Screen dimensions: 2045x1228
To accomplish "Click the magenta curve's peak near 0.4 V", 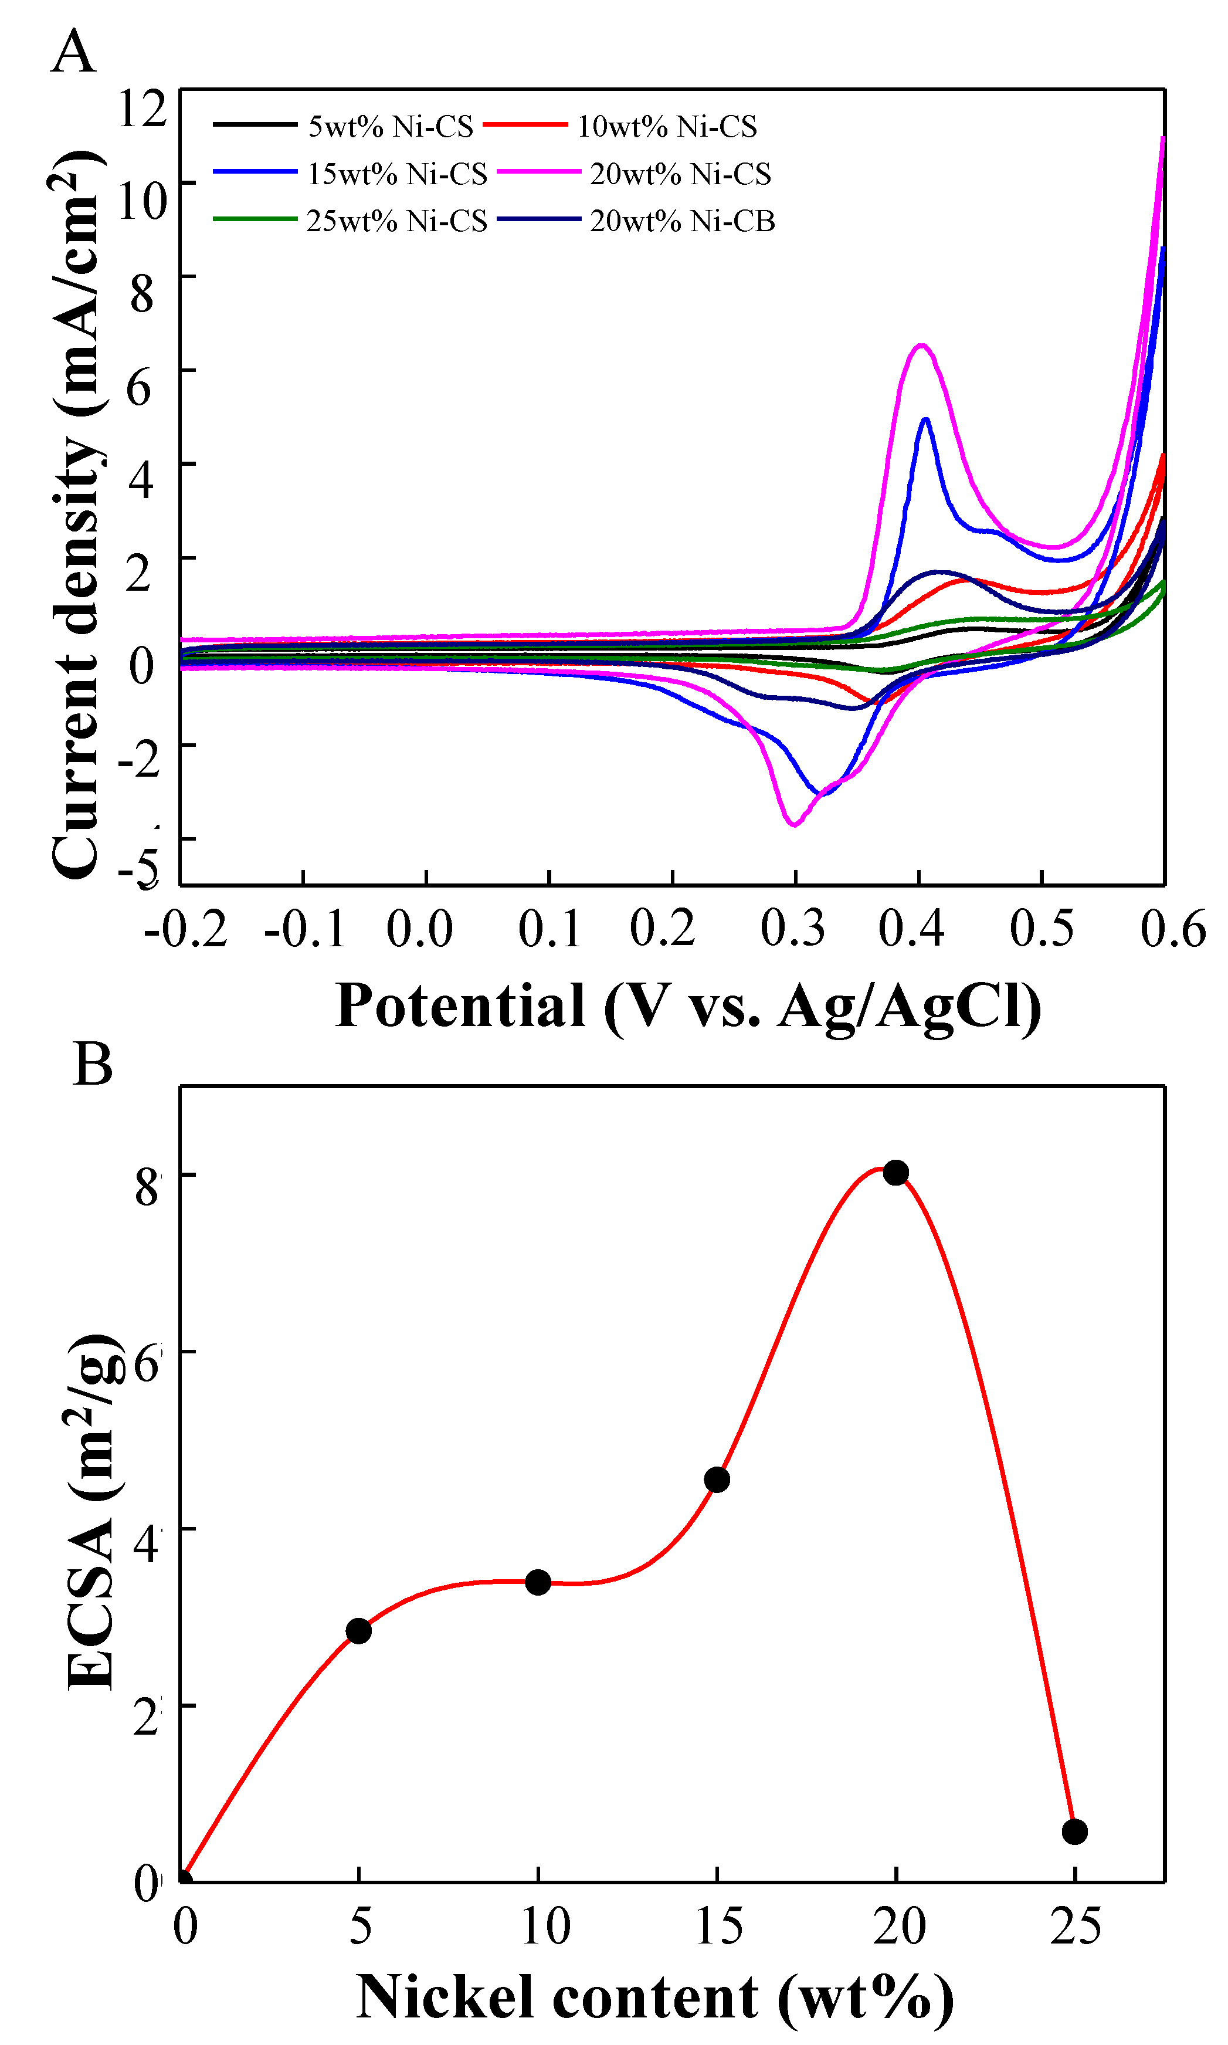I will click(x=921, y=345).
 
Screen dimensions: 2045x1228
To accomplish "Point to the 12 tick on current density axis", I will click(x=143, y=107).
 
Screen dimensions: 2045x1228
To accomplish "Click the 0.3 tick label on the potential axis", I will click(x=793, y=929).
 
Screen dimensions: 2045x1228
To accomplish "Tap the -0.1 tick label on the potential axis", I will click(x=304, y=929).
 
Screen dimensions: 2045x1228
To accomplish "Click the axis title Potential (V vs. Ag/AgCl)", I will click(x=688, y=1006).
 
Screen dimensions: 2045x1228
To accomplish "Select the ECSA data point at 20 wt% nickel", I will click(x=895, y=1173).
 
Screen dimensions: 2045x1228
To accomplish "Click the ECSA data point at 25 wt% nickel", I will click(x=1074, y=1831).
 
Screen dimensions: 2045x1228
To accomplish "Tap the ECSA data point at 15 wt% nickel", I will click(x=717, y=1479).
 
